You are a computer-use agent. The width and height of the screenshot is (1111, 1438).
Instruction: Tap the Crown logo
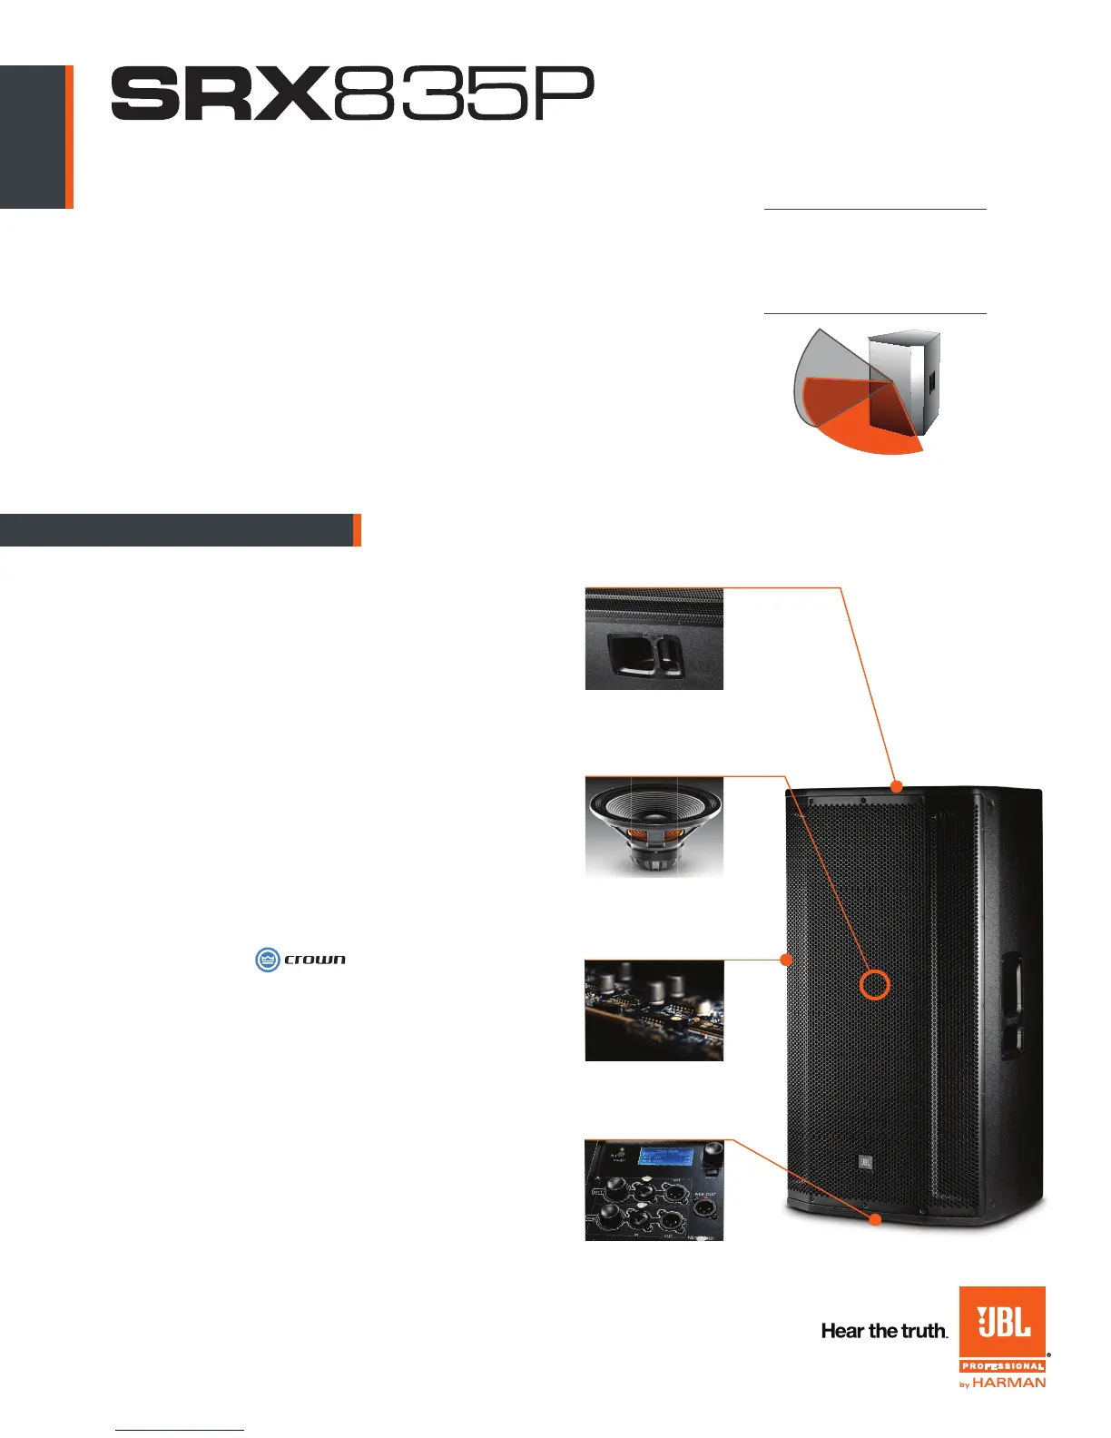click(x=300, y=959)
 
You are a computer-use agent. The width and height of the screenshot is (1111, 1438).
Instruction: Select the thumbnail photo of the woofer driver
click(x=654, y=827)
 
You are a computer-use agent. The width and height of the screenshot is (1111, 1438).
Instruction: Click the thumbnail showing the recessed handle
click(x=654, y=639)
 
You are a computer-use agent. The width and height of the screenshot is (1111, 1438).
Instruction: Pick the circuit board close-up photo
click(x=654, y=1010)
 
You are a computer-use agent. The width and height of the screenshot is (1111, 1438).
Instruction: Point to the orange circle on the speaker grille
click(x=875, y=984)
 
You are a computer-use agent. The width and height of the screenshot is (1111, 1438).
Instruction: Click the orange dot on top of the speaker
click(x=896, y=785)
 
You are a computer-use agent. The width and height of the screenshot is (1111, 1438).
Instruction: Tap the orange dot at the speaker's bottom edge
click(x=876, y=1219)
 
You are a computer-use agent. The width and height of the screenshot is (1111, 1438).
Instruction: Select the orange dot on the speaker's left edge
click(x=787, y=959)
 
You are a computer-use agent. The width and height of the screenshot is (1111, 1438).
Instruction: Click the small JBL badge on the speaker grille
click(x=865, y=1161)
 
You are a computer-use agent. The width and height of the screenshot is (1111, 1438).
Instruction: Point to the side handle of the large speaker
click(x=1011, y=1006)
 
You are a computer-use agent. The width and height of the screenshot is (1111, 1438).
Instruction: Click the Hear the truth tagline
click(x=884, y=1331)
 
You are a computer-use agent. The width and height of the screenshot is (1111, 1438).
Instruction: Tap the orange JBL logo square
click(x=1003, y=1322)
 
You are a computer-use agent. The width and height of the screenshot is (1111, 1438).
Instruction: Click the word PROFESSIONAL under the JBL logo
click(x=1003, y=1366)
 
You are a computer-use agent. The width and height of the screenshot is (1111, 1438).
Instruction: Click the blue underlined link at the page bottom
click(x=180, y=1430)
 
